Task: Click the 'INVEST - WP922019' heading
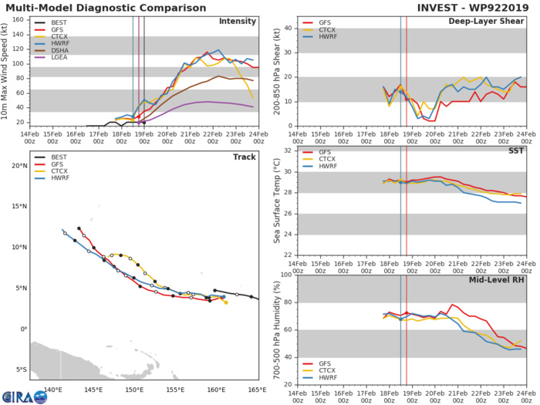(x=471, y=8)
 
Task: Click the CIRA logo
(x=22, y=393)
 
